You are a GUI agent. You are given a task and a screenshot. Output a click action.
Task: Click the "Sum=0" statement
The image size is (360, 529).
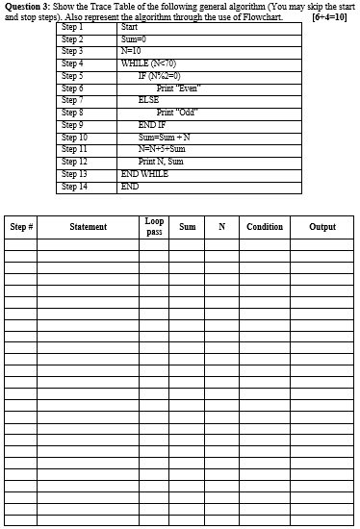point(133,38)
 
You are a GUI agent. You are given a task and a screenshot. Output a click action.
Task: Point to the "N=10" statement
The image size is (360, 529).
point(132,49)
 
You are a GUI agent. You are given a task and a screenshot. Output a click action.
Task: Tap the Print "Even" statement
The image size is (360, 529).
point(179,87)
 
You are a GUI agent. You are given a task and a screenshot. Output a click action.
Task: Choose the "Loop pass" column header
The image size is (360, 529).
point(155,226)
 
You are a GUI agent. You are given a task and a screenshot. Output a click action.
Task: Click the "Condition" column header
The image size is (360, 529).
point(265,227)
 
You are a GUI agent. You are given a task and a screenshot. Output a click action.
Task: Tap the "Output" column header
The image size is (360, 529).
point(322,227)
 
